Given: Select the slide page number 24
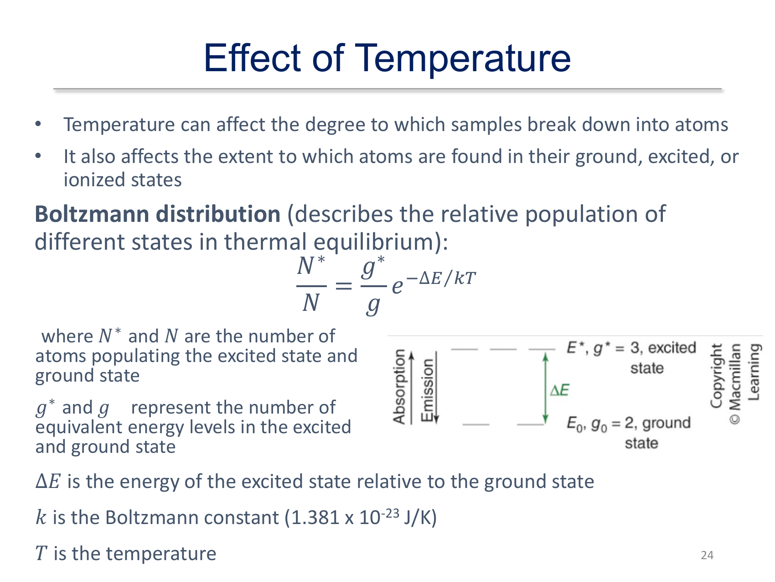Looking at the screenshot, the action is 707,555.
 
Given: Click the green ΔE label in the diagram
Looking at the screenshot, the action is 560,390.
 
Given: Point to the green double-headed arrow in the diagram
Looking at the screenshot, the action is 545,388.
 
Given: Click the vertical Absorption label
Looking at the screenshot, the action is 399,387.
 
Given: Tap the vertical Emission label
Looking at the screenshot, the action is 427,390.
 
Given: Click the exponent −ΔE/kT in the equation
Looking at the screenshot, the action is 441,278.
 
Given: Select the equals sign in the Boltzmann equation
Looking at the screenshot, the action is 344,286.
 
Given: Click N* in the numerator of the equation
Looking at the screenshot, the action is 311,266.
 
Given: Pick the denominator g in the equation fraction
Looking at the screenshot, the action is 373,305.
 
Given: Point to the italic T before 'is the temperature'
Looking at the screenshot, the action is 41,554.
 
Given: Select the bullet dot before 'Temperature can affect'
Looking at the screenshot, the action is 38,124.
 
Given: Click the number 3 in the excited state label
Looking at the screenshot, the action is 635,348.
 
